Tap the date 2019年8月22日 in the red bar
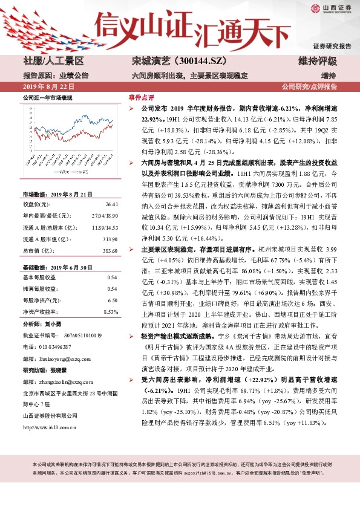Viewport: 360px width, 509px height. click(48, 87)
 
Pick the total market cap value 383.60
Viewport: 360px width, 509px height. click(109, 233)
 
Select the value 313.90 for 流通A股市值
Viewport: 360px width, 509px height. click(109, 224)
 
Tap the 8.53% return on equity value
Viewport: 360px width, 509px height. click(110, 311)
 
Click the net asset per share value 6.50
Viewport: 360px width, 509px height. click(112, 301)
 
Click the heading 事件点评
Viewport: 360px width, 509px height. click(140, 97)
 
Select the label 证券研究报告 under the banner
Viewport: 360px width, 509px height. click(332, 47)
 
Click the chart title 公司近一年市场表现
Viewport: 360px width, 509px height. click(47, 97)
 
